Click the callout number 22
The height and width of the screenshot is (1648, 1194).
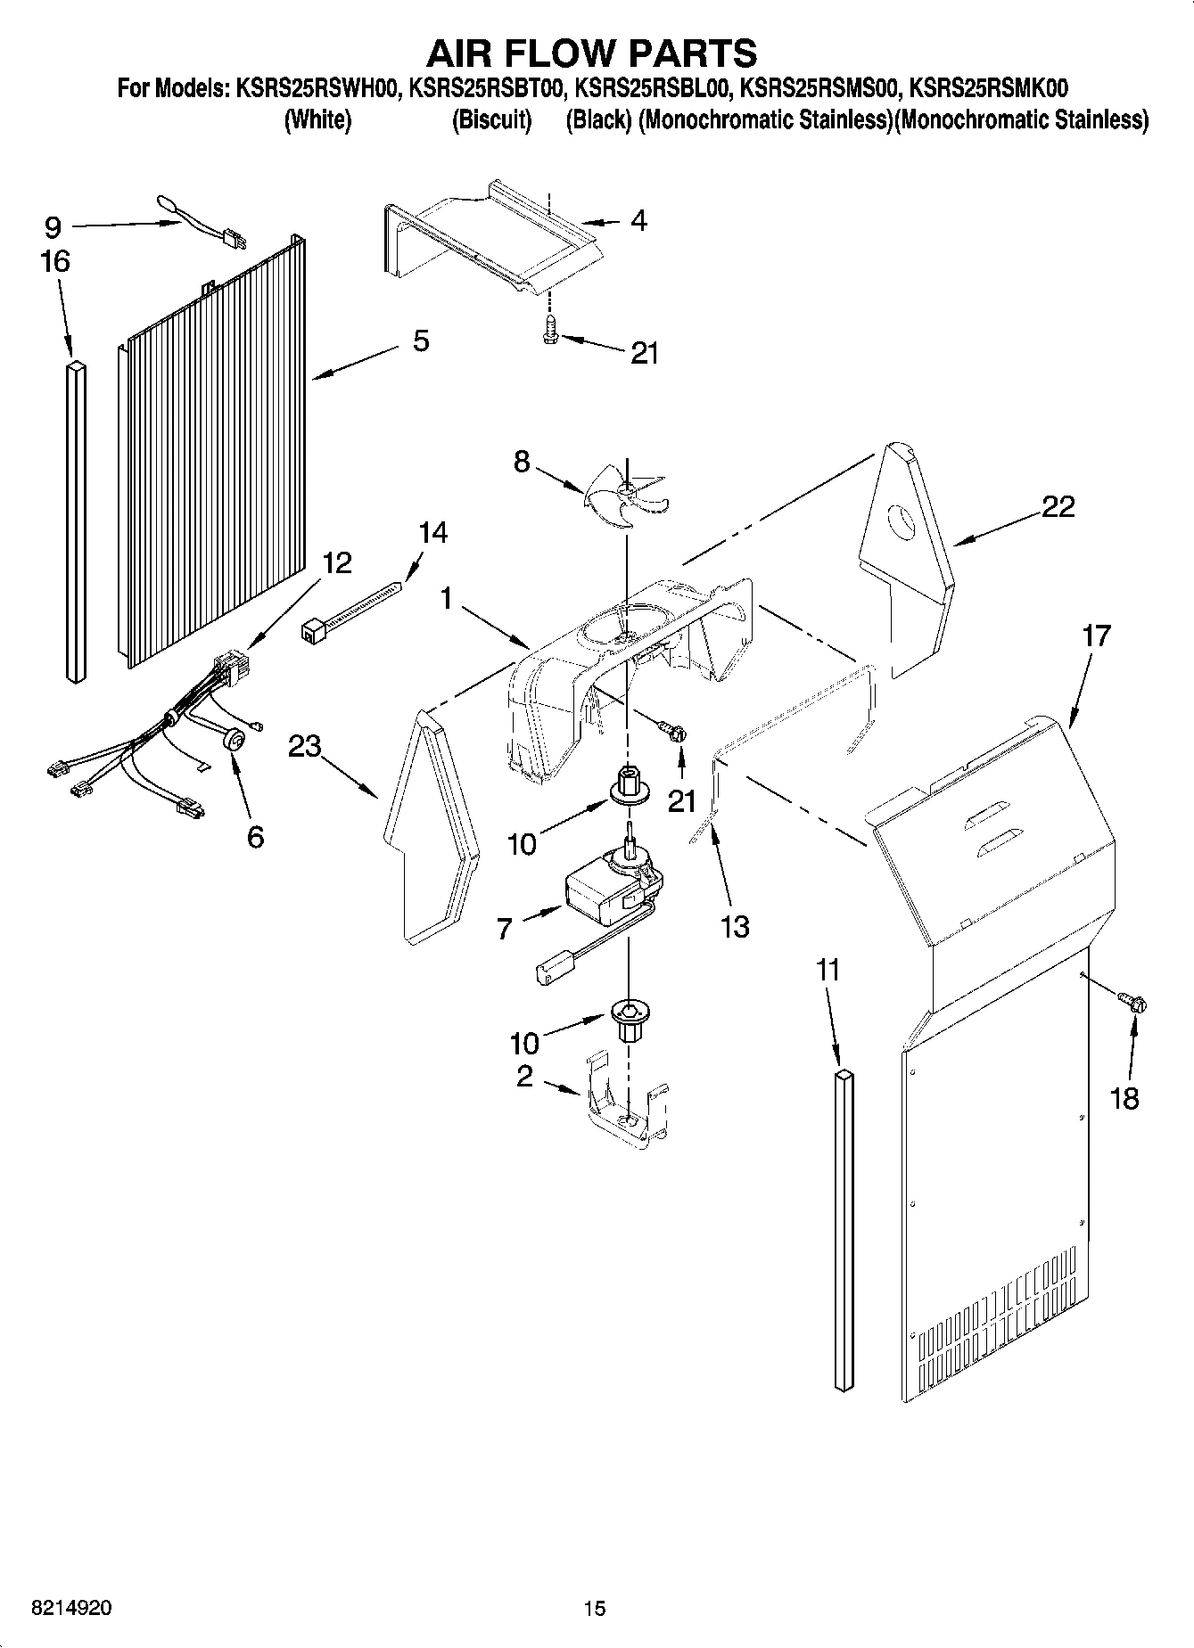[x=1058, y=507]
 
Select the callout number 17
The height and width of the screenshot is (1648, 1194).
[x=1096, y=636]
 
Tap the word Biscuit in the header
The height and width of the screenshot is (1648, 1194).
[x=491, y=120]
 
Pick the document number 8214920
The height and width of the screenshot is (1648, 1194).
[x=71, y=1607]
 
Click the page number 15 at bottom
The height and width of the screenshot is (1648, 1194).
[x=594, y=1608]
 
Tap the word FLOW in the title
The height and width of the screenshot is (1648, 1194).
[x=592, y=53]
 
